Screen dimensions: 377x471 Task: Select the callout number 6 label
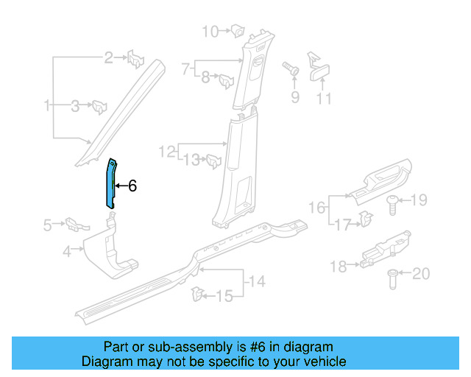132,186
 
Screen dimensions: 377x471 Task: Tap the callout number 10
210,31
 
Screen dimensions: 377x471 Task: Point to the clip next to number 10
238,31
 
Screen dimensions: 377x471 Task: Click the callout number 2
108,57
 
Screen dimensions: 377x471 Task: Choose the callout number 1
47,106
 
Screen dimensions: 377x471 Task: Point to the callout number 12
166,152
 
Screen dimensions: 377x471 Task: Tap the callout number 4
66,252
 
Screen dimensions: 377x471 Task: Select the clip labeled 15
197,295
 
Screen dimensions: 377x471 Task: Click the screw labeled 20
392,278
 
